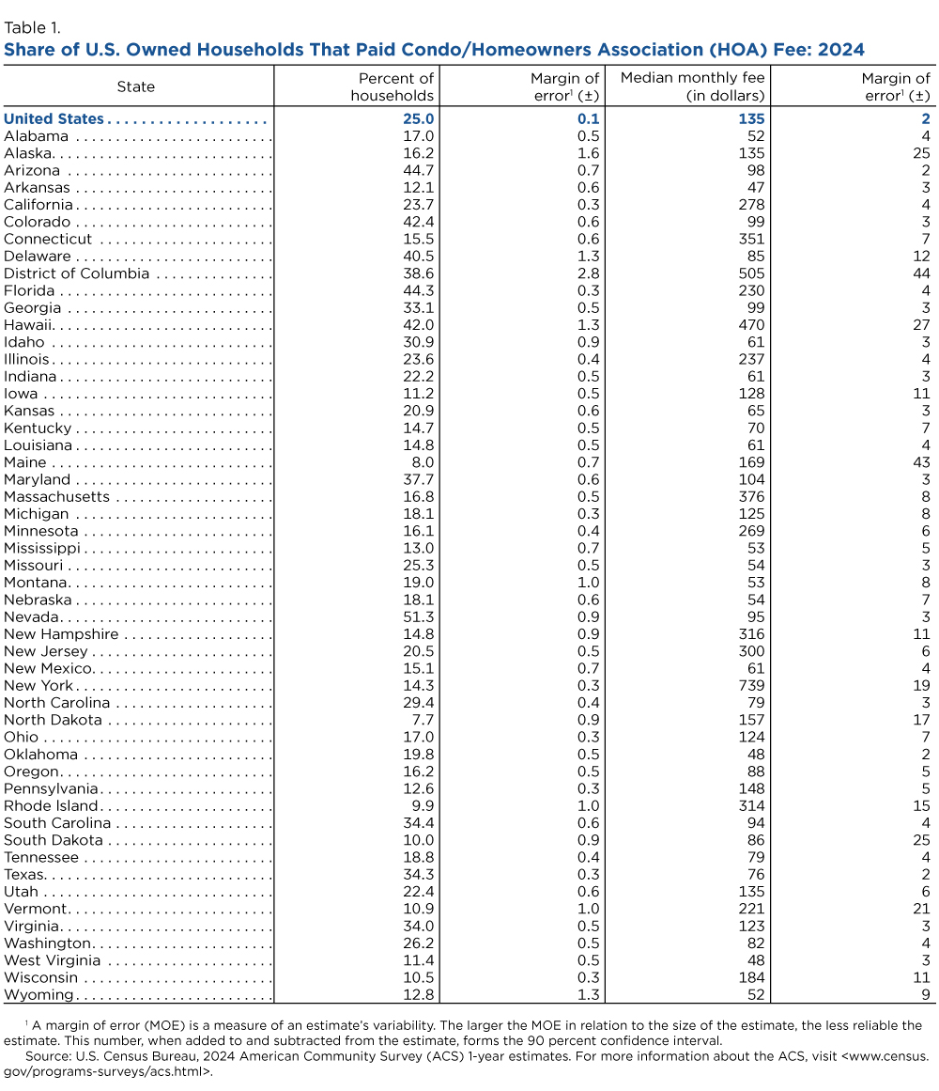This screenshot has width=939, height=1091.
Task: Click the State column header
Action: tap(136, 86)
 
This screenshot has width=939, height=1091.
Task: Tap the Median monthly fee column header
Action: tap(693, 86)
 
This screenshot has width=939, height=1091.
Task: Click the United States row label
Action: tap(54, 119)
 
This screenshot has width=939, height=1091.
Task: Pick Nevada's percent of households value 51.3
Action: tap(416, 616)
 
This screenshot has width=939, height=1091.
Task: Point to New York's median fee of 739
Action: tap(751, 685)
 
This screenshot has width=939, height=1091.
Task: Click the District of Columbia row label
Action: tap(77, 273)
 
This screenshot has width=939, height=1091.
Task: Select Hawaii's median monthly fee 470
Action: tap(751, 325)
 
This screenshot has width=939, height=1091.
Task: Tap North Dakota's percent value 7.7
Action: tap(421, 720)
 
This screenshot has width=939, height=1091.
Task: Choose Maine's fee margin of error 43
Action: tap(921, 462)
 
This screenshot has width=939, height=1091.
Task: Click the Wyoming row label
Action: tap(38, 995)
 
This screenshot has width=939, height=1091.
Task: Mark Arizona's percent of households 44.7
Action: tap(416, 170)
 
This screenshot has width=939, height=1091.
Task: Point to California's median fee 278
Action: tap(751, 205)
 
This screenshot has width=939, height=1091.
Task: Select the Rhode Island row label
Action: tap(51, 805)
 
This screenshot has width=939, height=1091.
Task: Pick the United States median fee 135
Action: tap(751, 119)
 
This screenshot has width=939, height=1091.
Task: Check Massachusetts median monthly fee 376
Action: tap(751, 496)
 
